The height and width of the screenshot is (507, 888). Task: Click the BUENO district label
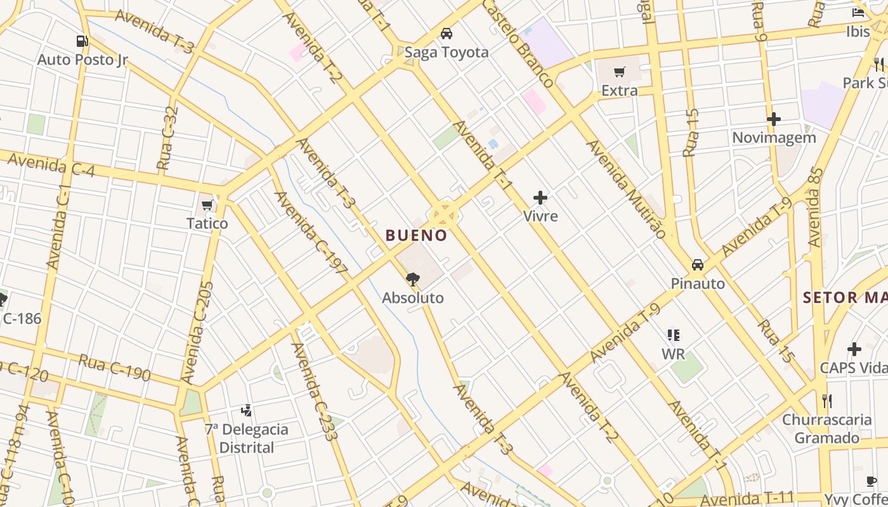click(416, 235)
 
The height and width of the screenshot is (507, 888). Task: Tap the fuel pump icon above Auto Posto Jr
click(82, 41)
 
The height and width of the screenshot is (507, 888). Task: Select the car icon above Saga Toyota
click(447, 33)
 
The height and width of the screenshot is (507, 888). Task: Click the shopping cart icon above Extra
click(620, 72)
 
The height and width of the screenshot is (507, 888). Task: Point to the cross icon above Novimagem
click(773, 119)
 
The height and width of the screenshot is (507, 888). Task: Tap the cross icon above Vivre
click(540, 198)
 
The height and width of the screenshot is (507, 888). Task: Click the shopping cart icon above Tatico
click(207, 205)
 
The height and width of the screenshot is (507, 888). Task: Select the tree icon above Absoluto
click(413, 279)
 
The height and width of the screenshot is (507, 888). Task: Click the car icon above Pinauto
click(698, 264)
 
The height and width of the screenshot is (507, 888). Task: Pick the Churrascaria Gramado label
click(826, 428)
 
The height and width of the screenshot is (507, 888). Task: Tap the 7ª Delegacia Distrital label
click(246, 438)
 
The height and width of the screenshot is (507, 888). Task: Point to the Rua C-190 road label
click(114, 368)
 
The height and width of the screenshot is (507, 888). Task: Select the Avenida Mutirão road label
click(626, 188)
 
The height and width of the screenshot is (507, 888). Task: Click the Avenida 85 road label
click(815, 207)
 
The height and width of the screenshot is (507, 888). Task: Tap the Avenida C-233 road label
click(313, 391)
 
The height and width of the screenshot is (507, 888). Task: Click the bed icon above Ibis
click(858, 13)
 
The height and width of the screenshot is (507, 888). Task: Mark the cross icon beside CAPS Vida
click(854, 349)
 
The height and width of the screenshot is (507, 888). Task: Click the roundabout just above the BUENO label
click(443, 215)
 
